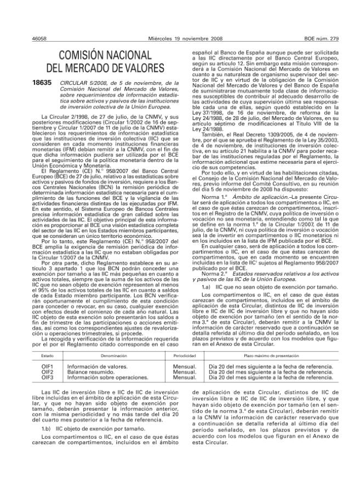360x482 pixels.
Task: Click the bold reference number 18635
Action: [x=42, y=83]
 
